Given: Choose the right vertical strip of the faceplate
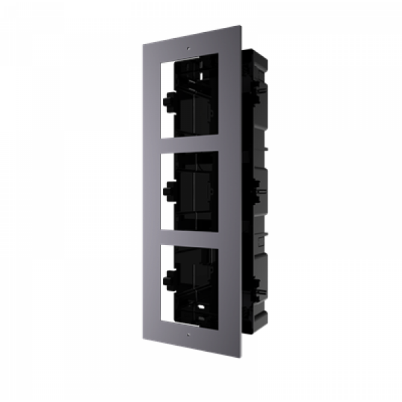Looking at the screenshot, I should [229, 191].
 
